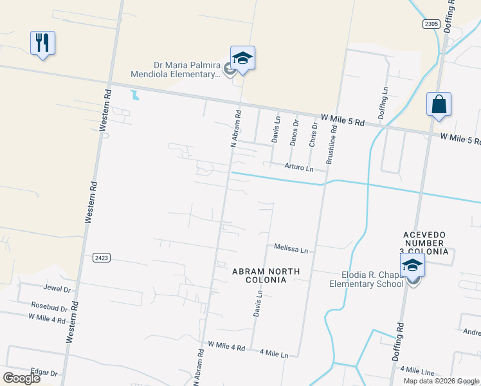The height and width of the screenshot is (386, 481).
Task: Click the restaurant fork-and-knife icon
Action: pos(42,43)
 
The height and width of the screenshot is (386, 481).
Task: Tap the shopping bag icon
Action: pos(439,104)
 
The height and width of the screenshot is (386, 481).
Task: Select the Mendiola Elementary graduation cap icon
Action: pos(242,59)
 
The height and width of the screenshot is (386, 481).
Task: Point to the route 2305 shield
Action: pos(431,24)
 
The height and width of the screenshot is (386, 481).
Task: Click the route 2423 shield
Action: pos(101,257)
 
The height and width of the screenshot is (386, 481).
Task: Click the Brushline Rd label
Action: pos(332,141)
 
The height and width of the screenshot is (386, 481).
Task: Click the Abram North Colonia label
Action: pos(266,276)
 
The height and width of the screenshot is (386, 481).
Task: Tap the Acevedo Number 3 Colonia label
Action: pos(424,243)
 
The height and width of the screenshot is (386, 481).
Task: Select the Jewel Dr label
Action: pos(57,289)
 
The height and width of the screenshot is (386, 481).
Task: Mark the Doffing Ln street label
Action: pos(385,102)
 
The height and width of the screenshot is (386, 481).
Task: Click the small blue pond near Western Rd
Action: pos(134,96)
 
